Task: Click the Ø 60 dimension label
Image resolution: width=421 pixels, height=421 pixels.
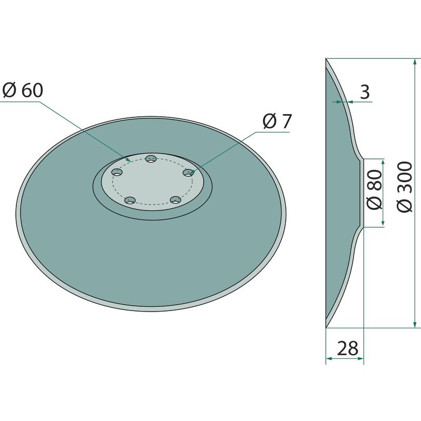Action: pyautogui.click(x=23, y=90)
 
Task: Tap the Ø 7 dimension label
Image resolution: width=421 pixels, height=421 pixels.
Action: pyautogui.click(x=277, y=122)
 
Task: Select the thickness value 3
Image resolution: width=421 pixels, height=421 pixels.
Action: pyautogui.click(x=365, y=92)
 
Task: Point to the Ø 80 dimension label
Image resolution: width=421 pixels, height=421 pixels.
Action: pyautogui.click(x=374, y=189)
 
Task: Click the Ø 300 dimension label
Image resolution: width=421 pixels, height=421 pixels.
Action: pyautogui.click(x=404, y=187)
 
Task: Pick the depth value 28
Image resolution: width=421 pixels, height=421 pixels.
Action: pyautogui.click(x=347, y=348)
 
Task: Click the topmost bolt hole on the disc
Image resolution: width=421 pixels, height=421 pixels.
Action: pyautogui.click(x=151, y=159)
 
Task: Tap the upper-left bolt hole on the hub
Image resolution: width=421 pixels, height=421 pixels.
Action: pyautogui.click(x=117, y=173)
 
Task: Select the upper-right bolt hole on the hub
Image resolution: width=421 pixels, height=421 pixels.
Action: pyautogui.click(x=188, y=173)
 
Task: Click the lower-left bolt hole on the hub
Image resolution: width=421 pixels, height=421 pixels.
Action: pyautogui.click(x=130, y=201)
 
